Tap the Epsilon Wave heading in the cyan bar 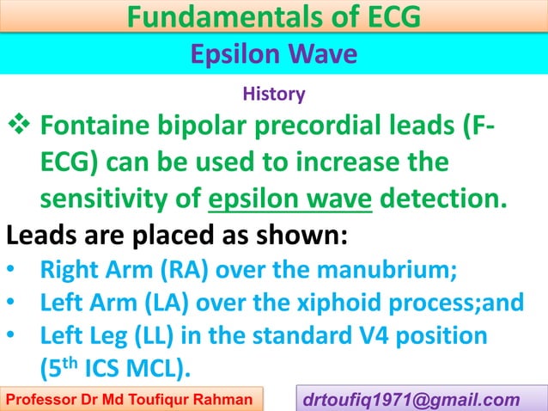(x=272, y=55)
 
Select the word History (x=274, y=91)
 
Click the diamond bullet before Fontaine (x=19, y=131)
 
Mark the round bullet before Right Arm (x=10, y=274)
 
